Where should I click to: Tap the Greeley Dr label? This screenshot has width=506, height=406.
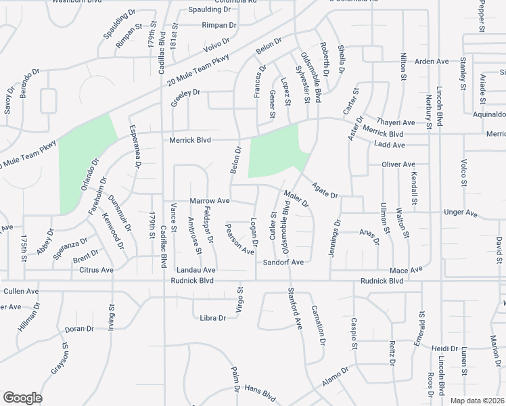pos(187,93)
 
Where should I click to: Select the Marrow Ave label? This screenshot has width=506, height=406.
pos(210,201)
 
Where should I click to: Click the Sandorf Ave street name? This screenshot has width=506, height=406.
pos(283,262)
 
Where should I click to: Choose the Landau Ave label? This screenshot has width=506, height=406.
pos(195,270)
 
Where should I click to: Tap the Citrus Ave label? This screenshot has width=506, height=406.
pos(97,270)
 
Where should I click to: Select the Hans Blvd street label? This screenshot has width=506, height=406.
pos(260,392)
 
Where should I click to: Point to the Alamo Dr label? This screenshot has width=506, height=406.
pos(335,376)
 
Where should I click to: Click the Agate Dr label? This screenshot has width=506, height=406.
pos(325,189)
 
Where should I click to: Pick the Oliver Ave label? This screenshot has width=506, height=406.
pos(398,164)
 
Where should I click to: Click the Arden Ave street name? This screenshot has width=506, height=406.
pos(432,62)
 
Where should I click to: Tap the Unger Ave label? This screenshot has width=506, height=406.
pos(461,212)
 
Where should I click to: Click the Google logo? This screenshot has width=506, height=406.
pos(22,398)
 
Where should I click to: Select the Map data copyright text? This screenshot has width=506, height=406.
pos(478,401)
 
